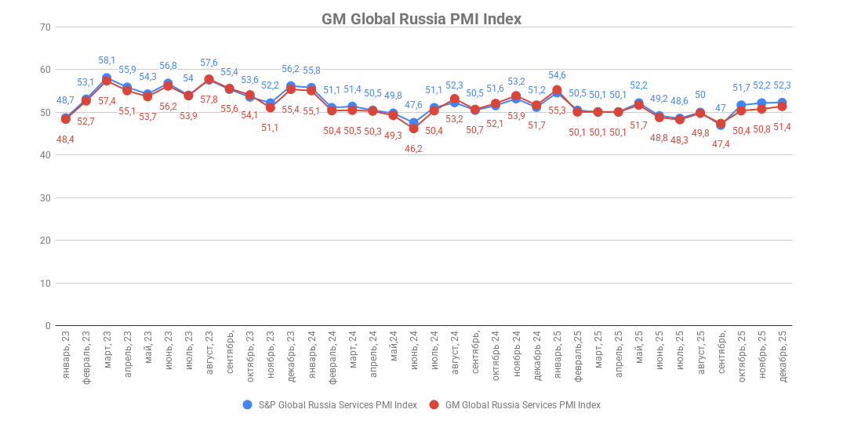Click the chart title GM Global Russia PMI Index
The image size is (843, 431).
tap(421, 19)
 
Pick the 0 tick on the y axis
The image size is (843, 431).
tap(47, 326)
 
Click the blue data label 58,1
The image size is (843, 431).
tap(107, 60)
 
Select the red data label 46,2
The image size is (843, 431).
tap(413, 148)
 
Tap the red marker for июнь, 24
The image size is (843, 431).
tap(413, 129)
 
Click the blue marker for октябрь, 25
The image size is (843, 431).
tap(741, 105)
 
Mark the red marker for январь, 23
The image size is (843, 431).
tap(66, 119)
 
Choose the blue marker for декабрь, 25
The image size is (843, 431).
tap(782, 103)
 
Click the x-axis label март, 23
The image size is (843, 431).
tap(107, 353)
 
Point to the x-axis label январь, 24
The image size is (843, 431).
tap(311, 354)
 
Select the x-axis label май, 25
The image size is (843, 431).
tap(638, 350)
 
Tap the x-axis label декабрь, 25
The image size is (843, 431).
tap(782, 356)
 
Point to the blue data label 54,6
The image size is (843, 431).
tap(557, 75)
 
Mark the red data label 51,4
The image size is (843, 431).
tap(782, 127)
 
